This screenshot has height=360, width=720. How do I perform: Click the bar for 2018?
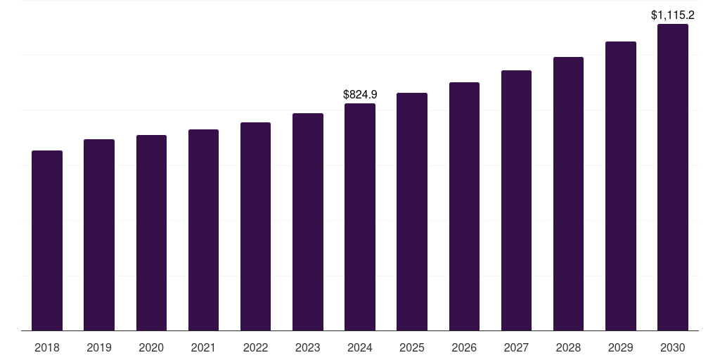(x=47, y=240)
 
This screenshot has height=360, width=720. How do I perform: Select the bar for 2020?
(x=151, y=233)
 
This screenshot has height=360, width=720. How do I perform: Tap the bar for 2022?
(x=255, y=226)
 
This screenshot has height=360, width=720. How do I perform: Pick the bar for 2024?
(x=360, y=217)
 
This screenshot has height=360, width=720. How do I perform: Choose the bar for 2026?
(x=464, y=207)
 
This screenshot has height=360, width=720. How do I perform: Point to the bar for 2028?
(x=568, y=194)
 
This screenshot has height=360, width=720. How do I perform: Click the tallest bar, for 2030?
(x=672, y=177)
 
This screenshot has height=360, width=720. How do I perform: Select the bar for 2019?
(x=99, y=235)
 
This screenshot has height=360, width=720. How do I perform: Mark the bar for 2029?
(x=620, y=186)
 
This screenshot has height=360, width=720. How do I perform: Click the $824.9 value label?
(x=360, y=94)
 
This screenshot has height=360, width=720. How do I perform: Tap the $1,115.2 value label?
(x=672, y=15)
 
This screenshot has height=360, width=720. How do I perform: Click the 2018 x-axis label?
(x=47, y=347)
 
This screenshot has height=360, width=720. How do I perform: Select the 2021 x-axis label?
(x=203, y=347)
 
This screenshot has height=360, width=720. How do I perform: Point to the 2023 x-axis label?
(x=307, y=347)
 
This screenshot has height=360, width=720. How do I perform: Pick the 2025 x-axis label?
(x=412, y=347)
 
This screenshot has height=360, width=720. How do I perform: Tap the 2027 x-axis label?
(x=516, y=347)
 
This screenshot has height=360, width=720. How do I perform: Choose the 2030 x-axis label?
(x=672, y=347)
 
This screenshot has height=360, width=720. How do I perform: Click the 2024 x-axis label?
(x=360, y=347)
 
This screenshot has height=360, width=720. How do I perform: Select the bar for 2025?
(x=412, y=212)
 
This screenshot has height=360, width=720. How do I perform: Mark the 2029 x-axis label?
(x=620, y=347)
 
